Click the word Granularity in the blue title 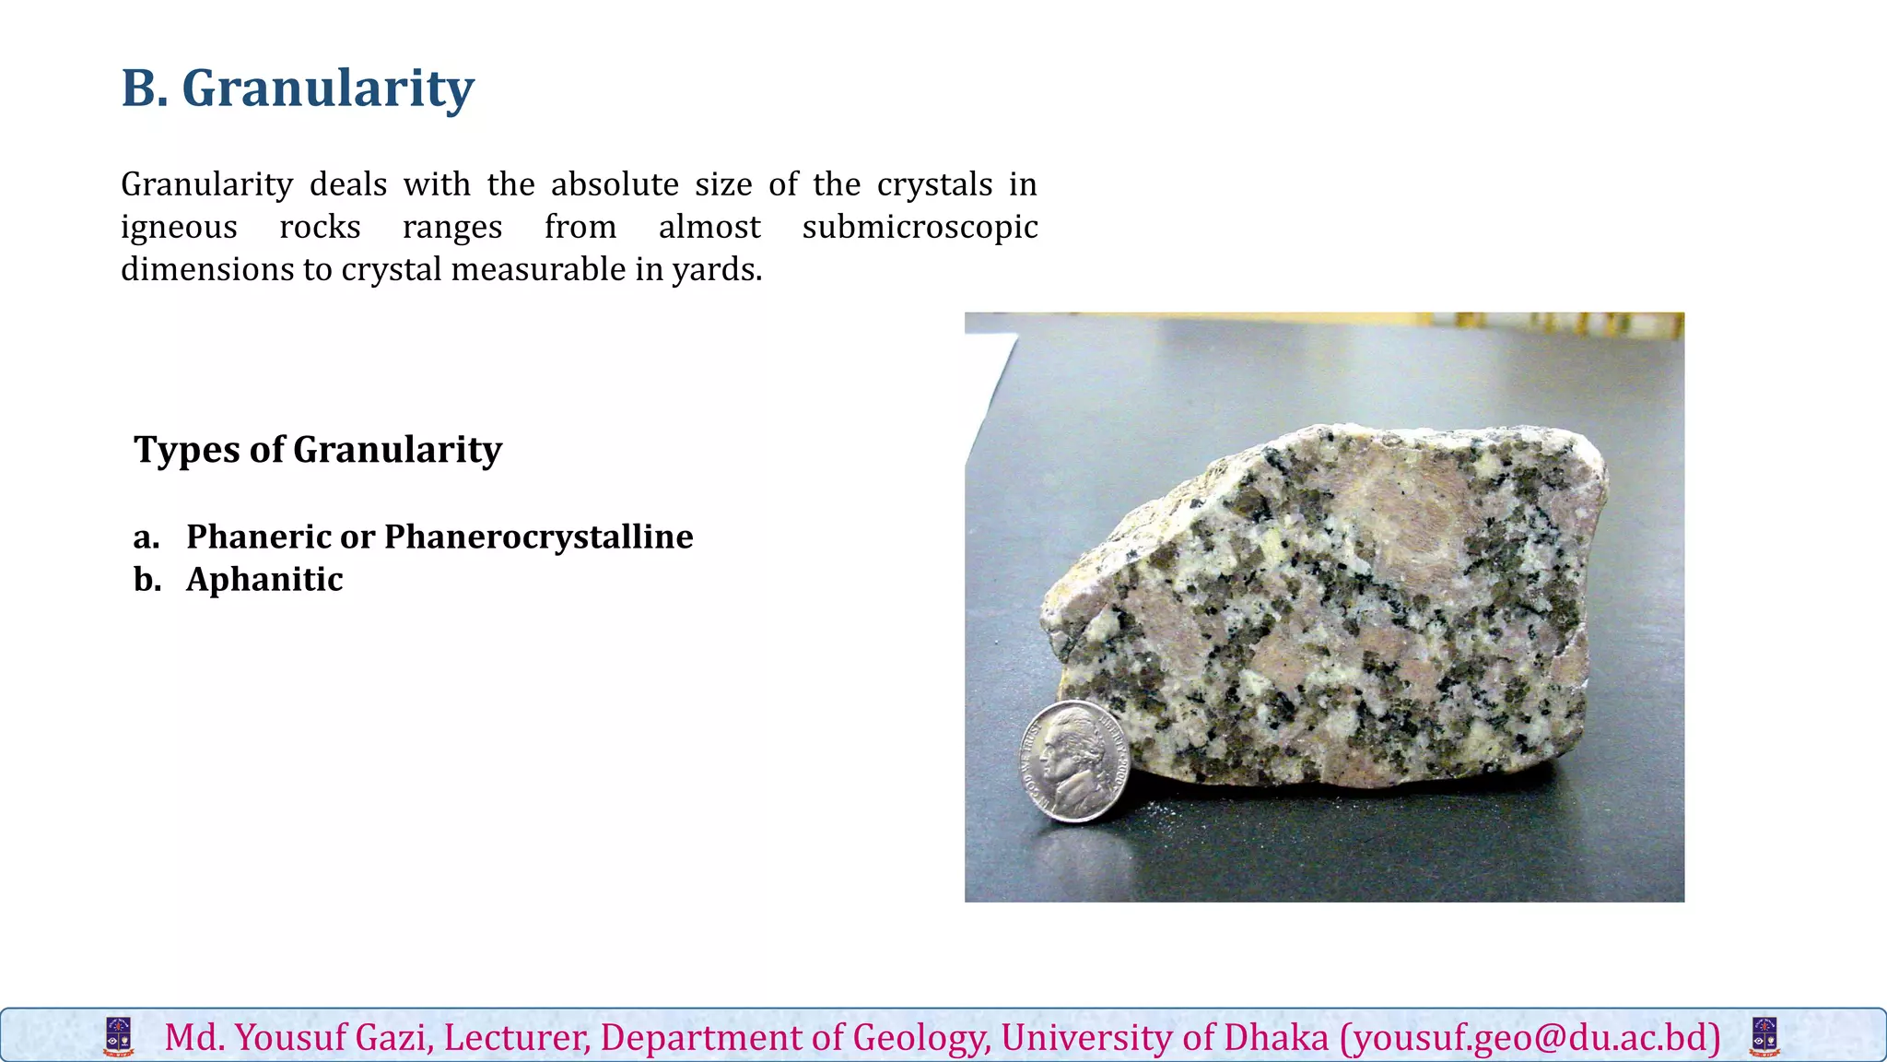click(328, 89)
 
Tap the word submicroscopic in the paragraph click(920, 228)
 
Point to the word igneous click(179, 228)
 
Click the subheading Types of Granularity click(318, 450)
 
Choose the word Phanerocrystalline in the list click(538, 537)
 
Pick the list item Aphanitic click(264, 579)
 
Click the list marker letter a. click(146, 537)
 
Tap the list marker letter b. click(147, 579)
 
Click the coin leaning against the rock click(1075, 761)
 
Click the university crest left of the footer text click(119, 1037)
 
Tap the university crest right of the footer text click(1764, 1037)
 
